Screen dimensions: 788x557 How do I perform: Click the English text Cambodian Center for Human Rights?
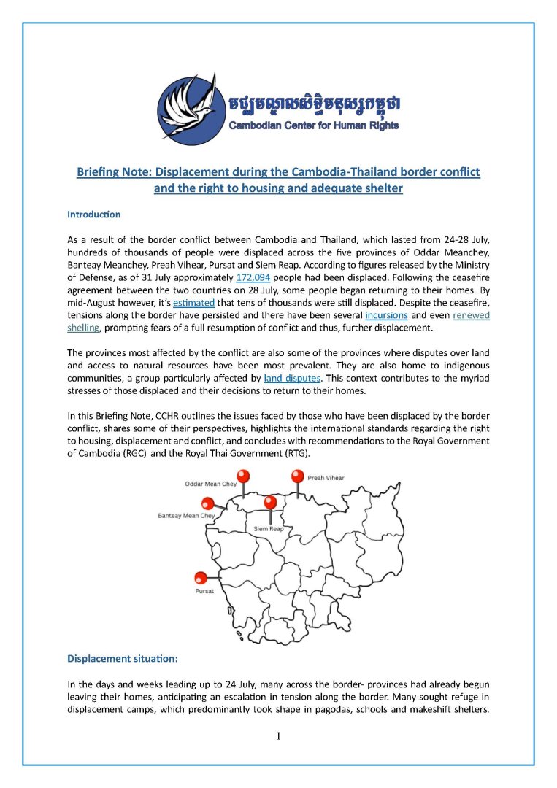point(314,125)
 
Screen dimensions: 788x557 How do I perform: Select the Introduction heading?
point(93,215)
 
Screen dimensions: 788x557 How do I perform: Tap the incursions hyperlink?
point(386,315)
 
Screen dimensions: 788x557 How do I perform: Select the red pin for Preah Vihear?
point(297,476)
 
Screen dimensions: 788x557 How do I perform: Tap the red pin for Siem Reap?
point(270,502)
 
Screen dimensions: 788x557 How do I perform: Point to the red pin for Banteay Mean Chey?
point(208,503)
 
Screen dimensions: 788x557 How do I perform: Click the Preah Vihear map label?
point(326,479)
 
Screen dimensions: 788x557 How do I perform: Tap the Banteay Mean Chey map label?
point(186,517)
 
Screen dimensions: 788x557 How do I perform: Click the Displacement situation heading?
point(122,657)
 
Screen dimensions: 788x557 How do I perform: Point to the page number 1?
point(278,735)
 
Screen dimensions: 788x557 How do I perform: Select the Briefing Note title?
point(278,179)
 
